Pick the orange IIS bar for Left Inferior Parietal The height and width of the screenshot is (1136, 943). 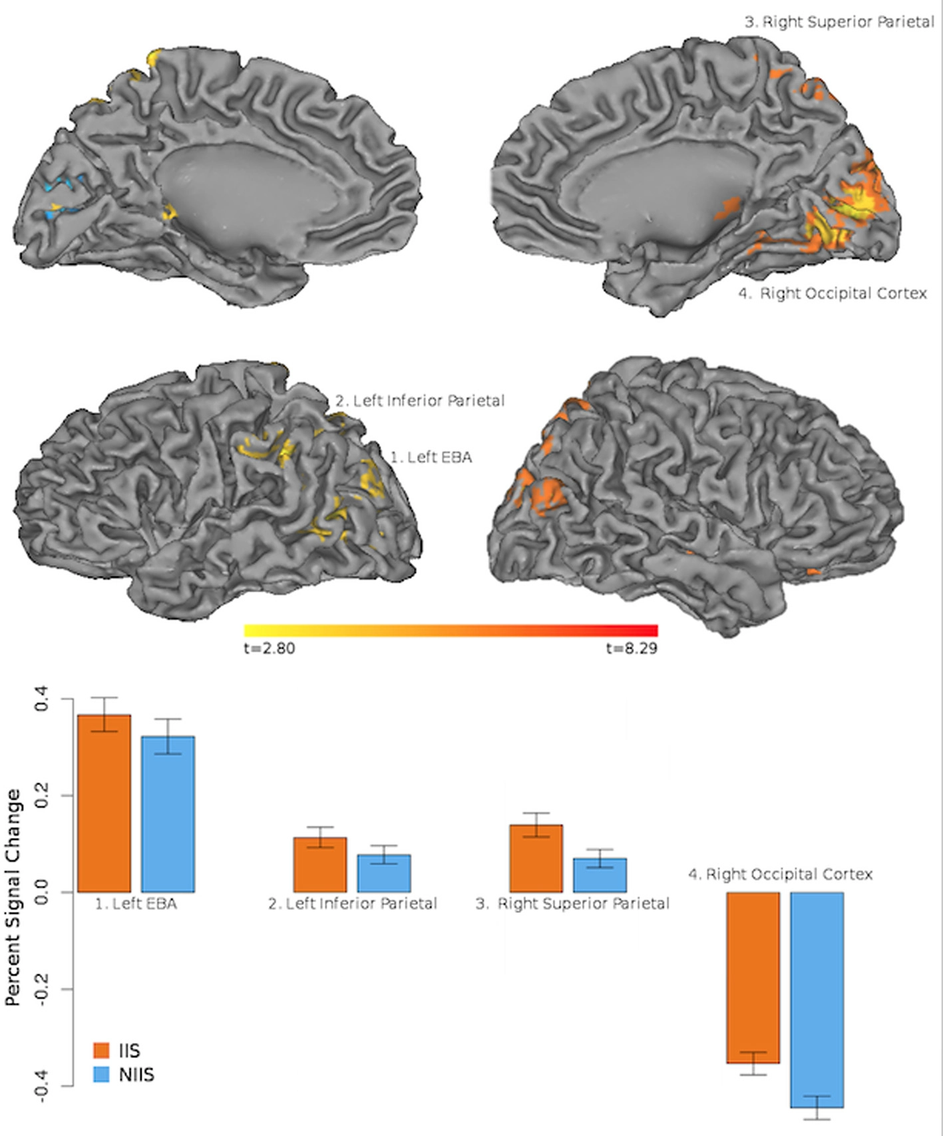pos(320,864)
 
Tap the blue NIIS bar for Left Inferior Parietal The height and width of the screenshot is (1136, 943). pos(384,873)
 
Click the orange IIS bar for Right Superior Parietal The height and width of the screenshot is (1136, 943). pos(536,858)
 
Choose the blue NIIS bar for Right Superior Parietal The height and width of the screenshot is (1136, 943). pos(600,875)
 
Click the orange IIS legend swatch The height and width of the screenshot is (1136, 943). pos(101,1050)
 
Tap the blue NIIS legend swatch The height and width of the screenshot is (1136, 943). pos(101,1074)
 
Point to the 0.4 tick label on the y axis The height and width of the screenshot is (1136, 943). pos(41,699)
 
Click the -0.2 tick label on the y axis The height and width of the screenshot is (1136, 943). pos(41,990)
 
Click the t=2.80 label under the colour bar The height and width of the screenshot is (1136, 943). pos(270,648)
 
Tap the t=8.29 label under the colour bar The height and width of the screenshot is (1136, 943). pos(632,648)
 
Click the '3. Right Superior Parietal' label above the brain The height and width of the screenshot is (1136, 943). pos(839,22)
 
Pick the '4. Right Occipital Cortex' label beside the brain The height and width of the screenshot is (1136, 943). pos(833,293)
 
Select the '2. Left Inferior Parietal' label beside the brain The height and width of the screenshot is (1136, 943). pos(420,401)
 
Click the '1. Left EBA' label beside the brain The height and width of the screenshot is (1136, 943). pos(431,457)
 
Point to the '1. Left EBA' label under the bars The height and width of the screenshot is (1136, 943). pos(136,904)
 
